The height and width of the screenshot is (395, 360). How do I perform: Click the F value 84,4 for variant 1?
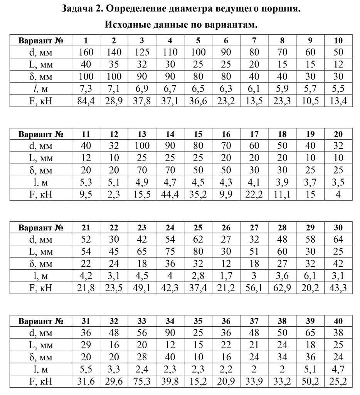tap(86, 101)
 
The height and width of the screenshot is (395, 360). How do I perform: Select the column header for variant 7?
tap(254, 41)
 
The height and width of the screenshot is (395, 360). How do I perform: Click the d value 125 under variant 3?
tap(142, 52)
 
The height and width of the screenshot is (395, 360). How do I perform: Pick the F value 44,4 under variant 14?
tap(170, 194)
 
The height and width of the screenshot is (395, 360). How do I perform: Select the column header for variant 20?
tap(338, 134)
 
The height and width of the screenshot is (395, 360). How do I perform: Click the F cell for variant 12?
tap(114, 194)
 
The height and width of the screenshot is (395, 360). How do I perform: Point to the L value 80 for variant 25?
tap(198, 252)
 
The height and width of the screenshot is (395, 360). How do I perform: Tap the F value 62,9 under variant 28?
tap(282, 288)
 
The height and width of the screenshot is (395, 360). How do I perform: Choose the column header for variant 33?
tap(142, 321)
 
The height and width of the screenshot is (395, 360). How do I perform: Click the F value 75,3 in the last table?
tap(142, 381)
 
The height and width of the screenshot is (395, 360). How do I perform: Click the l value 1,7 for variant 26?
tap(226, 276)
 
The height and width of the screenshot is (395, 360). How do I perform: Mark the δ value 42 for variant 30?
tap(338, 263)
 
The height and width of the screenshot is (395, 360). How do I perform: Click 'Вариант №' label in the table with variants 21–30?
tap(41, 228)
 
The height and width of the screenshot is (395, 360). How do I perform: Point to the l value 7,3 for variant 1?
tap(86, 89)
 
